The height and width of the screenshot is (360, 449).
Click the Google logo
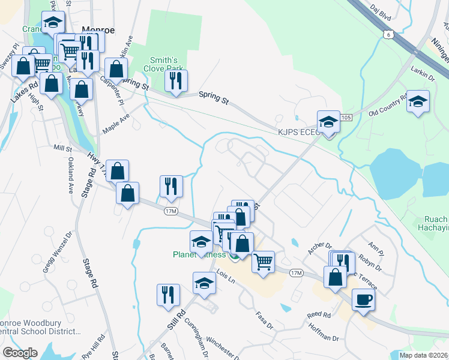[20, 352]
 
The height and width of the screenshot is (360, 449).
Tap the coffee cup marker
[363, 299]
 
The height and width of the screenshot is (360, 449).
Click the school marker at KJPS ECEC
[328, 122]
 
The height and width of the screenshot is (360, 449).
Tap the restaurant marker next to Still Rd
[167, 295]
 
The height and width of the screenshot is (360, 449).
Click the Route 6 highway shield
[389, 35]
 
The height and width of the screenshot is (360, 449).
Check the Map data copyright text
[423, 355]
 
